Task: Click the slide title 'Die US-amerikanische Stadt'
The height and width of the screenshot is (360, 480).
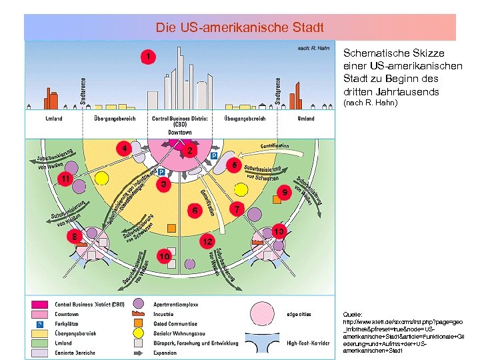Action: (240, 28)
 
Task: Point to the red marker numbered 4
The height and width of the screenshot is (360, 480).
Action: (122, 148)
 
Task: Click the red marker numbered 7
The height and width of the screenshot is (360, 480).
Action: (235, 209)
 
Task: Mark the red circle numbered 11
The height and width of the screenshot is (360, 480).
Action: (65, 179)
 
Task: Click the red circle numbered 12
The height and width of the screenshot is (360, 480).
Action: (208, 239)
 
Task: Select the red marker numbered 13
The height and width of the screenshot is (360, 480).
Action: (279, 231)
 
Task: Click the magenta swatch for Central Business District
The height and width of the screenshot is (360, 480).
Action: (38, 304)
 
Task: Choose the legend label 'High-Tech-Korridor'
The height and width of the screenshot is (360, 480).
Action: (310, 343)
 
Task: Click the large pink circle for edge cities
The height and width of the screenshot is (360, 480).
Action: (267, 313)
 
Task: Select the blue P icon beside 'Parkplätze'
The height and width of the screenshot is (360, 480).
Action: (39, 323)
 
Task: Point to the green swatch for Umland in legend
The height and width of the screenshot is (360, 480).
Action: (38, 343)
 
